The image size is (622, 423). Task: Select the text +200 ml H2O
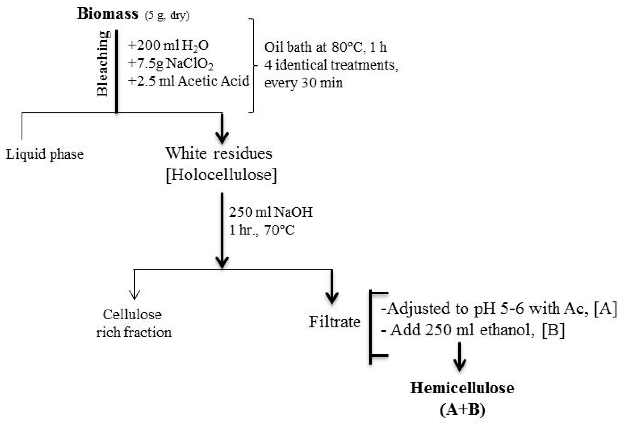[x=168, y=45]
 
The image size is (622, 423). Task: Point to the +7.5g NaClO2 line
[x=170, y=64]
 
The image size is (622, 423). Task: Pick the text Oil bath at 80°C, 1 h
[x=325, y=47]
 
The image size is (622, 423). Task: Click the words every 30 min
[x=303, y=83]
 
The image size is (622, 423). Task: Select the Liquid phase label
[x=45, y=154]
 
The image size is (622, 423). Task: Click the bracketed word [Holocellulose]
[x=221, y=175]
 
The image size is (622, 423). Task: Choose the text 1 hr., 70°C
[x=262, y=230]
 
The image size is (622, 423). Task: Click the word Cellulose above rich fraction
[x=132, y=314]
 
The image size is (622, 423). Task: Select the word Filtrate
[x=335, y=322]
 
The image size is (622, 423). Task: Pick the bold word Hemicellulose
[x=462, y=388]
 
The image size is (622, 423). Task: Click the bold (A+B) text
[x=462, y=409]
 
